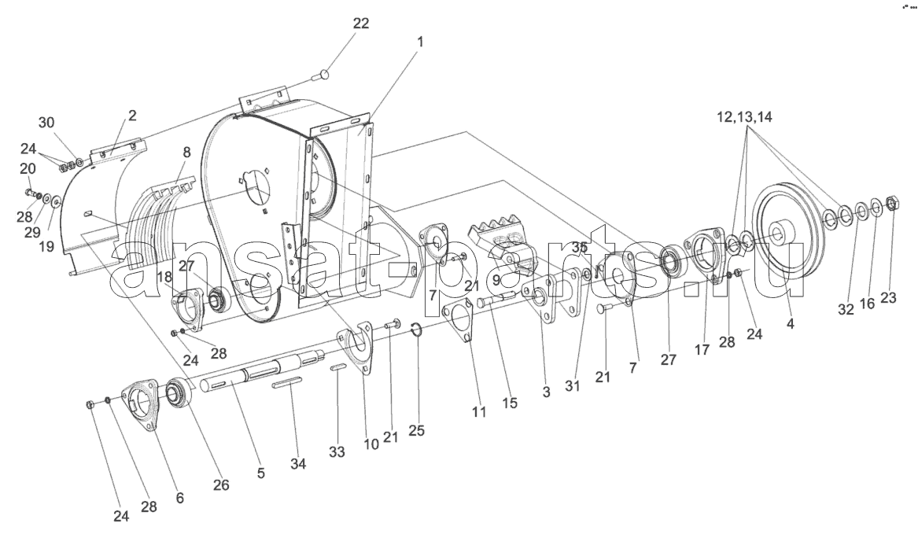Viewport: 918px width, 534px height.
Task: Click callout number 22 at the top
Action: click(360, 24)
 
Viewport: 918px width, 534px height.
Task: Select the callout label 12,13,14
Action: click(744, 117)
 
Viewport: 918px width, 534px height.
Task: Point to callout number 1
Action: click(420, 42)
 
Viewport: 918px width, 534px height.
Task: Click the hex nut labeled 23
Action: click(893, 204)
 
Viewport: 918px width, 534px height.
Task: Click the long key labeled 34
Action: click(287, 384)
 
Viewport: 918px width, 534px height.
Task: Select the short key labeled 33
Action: click(337, 367)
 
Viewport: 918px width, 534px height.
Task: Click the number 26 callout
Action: click(221, 484)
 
